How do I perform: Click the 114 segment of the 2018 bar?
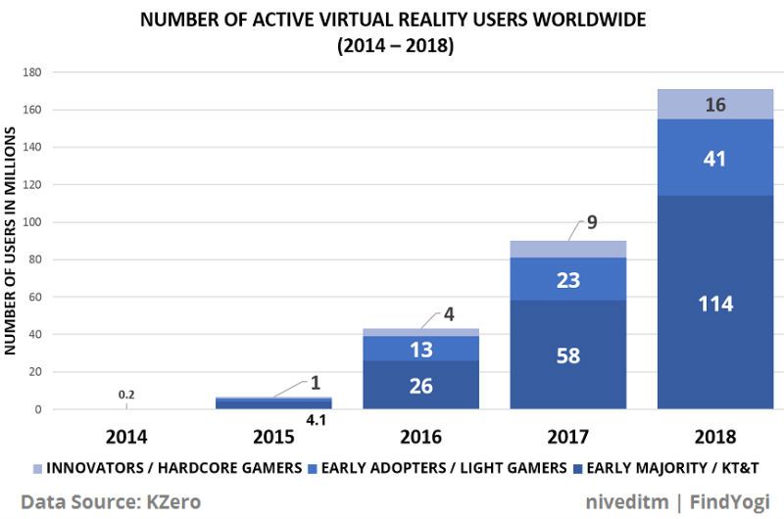click(x=715, y=304)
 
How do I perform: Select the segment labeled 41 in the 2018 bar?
click(x=715, y=159)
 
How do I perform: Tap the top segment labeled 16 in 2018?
click(x=715, y=105)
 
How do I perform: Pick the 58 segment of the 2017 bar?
click(x=568, y=354)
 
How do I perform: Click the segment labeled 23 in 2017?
click(x=568, y=280)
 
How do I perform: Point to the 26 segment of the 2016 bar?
click(x=420, y=386)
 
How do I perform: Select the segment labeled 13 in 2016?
click(x=420, y=349)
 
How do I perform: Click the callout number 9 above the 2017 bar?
click(x=592, y=222)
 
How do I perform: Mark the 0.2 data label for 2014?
click(x=126, y=394)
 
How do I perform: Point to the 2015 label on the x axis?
click(x=272, y=436)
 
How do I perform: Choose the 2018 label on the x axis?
click(x=715, y=436)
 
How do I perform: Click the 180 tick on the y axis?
click(x=32, y=72)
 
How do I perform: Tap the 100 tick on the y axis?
click(x=32, y=222)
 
